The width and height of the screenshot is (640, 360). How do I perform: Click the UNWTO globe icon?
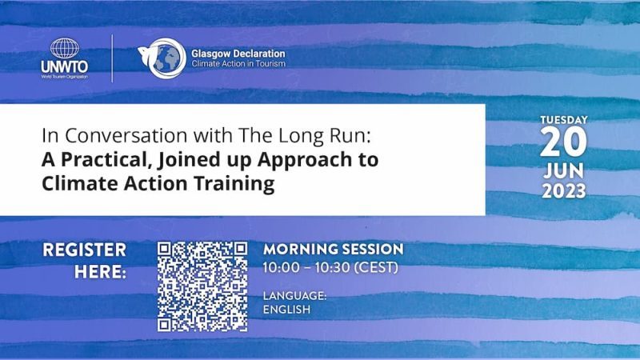(x=65, y=48)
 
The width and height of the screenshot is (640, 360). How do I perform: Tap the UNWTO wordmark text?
(x=65, y=66)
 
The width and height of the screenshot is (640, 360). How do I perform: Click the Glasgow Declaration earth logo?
(x=162, y=58)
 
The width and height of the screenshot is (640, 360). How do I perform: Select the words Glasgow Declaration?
(x=238, y=54)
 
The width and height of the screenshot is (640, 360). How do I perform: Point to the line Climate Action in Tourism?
(x=238, y=64)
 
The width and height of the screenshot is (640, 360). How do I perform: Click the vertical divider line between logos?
(x=112, y=58)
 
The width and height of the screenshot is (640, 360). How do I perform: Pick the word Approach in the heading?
(x=305, y=159)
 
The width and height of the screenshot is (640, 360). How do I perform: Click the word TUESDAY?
(x=564, y=120)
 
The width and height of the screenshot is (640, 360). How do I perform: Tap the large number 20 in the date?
(x=563, y=142)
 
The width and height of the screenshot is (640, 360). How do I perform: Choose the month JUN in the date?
(x=564, y=171)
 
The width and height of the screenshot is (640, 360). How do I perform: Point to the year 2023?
(x=564, y=191)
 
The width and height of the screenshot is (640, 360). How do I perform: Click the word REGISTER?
(x=85, y=250)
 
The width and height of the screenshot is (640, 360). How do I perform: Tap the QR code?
(x=202, y=286)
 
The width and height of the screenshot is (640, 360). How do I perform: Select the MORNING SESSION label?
(x=333, y=249)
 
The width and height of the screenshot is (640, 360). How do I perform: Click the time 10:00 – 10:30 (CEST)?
(x=330, y=268)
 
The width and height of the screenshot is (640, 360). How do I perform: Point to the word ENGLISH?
(x=286, y=310)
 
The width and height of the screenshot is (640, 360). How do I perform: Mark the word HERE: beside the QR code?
(x=101, y=272)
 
